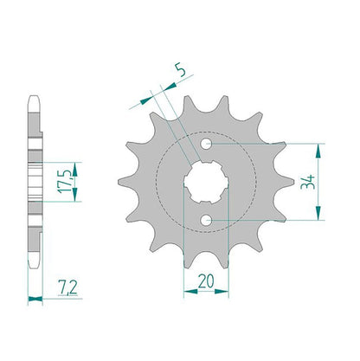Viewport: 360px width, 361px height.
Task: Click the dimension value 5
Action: click(x=181, y=70)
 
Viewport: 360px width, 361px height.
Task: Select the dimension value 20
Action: click(x=206, y=281)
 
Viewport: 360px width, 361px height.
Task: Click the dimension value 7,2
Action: click(x=68, y=287)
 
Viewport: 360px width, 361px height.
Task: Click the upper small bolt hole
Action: click(x=206, y=144)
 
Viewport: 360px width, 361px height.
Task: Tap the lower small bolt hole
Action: click(x=206, y=221)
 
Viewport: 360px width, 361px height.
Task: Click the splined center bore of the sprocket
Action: click(x=206, y=182)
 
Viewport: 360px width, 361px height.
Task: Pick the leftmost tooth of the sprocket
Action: click(x=125, y=182)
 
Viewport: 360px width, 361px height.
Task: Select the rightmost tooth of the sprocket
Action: click(x=287, y=182)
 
